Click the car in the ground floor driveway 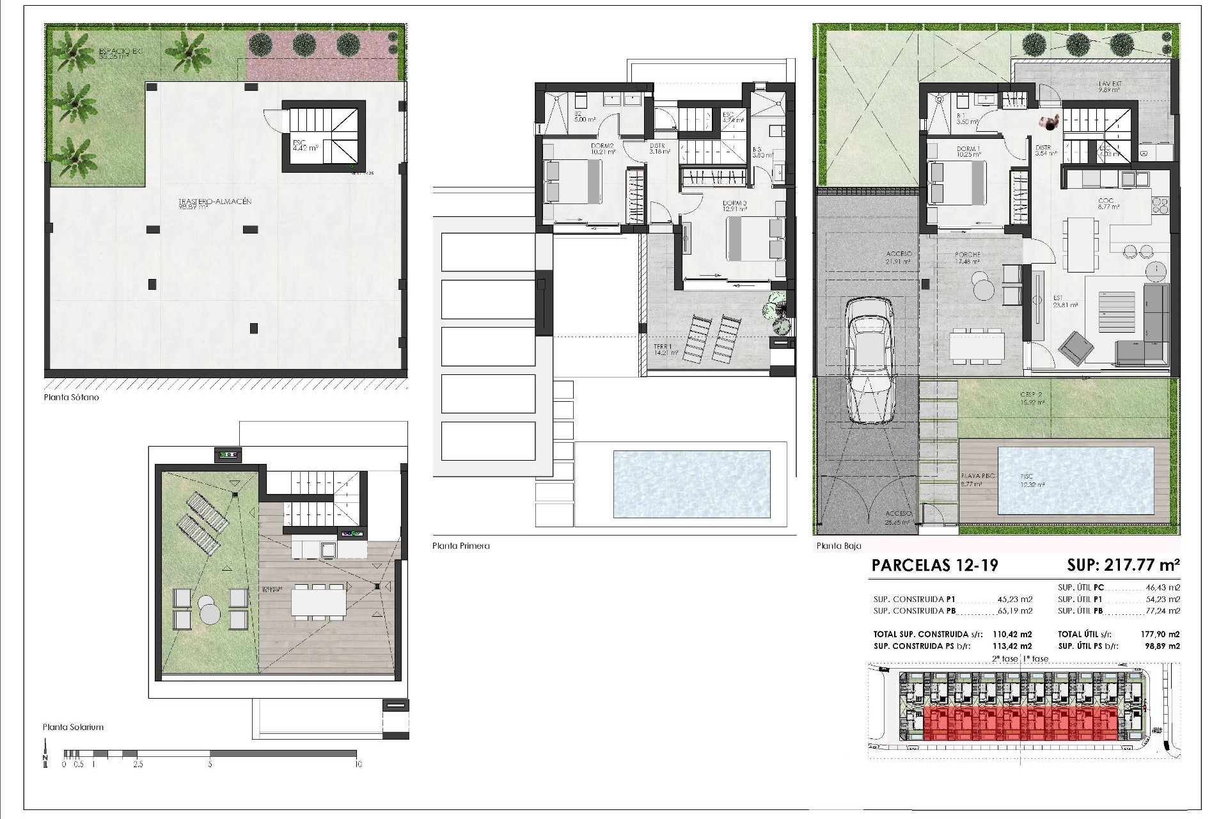pyautogui.click(x=869, y=362)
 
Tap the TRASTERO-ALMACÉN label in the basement pyautogui.click(x=215, y=202)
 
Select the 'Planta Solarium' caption pyautogui.click(x=73, y=727)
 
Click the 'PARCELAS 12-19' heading pyautogui.click(x=934, y=565)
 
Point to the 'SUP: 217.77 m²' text pyautogui.click(x=1123, y=565)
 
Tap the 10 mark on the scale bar pyautogui.click(x=358, y=764)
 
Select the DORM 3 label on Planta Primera pyautogui.click(x=716, y=203)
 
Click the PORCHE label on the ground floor pyautogui.click(x=967, y=255)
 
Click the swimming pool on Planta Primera pyautogui.click(x=691, y=484)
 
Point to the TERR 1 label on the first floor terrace pyautogui.click(x=663, y=347)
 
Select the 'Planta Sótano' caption pyautogui.click(x=71, y=397)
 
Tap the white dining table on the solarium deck pyautogui.click(x=319, y=601)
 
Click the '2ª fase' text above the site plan pyautogui.click(x=1004, y=658)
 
